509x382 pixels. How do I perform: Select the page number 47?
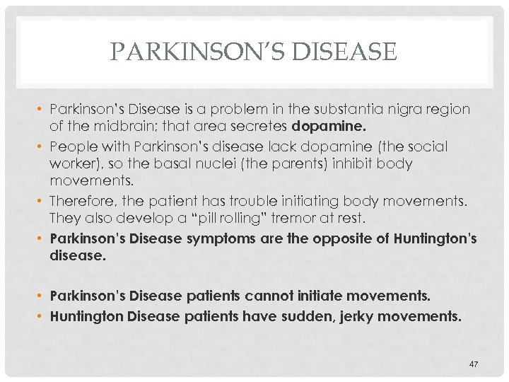tap(474, 364)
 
